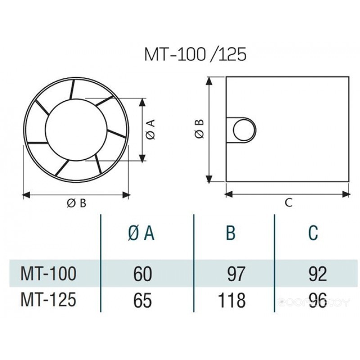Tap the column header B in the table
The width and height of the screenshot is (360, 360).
point(230,233)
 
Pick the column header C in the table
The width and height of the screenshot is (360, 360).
point(313,233)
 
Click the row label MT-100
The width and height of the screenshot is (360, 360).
point(49,273)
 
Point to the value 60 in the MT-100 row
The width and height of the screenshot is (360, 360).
point(142,274)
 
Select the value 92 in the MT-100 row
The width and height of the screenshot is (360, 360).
point(318,274)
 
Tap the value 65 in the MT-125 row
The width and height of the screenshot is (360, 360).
point(142,299)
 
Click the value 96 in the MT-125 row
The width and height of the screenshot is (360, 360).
point(318,299)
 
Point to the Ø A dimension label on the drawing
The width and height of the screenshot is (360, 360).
point(151,129)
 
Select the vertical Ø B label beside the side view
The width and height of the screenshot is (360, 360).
point(200,129)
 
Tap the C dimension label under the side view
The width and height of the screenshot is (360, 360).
point(288,203)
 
